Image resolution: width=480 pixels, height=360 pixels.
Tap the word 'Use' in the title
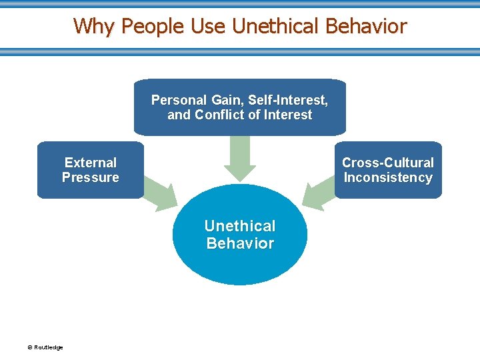pyautogui.click(x=209, y=26)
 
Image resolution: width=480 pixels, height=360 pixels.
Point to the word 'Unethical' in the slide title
pyautogui.click(x=276, y=26)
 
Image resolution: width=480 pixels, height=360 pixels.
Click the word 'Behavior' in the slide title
pyautogui.click(x=366, y=26)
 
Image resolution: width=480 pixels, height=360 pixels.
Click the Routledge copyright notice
pyautogui.click(x=45, y=347)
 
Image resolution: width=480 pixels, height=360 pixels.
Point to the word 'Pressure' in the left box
pyautogui.click(x=91, y=177)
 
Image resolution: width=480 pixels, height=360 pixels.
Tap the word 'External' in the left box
pyautogui.click(x=91, y=163)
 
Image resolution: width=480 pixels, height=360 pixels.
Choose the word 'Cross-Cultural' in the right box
pyautogui.click(x=388, y=163)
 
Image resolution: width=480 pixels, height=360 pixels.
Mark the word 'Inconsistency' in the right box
pyautogui.click(x=388, y=177)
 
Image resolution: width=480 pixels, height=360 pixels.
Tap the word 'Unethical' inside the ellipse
pyautogui.click(x=240, y=226)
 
